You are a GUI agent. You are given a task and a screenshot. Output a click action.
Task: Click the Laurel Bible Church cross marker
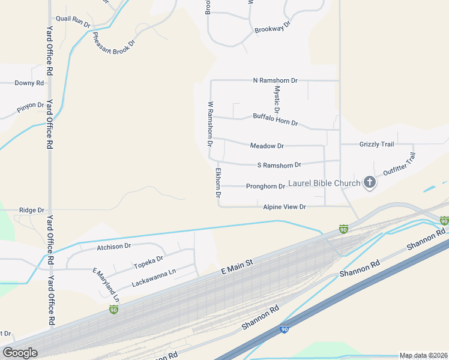coord(370,182)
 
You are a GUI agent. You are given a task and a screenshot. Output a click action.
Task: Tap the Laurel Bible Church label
coord(324,183)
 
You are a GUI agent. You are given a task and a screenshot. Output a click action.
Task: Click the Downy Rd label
coord(29,83)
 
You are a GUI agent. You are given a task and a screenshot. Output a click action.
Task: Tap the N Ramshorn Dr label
coord(276,80)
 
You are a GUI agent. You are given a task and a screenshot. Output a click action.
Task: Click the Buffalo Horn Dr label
coord(276,119)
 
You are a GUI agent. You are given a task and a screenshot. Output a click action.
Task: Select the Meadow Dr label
coord(267,146)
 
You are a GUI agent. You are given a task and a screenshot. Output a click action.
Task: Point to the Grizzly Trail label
coord(376,144)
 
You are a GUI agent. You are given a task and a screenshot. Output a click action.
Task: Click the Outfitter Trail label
coord(399,164)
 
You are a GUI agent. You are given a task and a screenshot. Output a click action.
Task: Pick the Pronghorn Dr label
coord(265,186)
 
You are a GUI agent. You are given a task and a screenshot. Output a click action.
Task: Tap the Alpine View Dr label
coord(285,206)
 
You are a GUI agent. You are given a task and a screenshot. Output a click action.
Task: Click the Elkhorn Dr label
coord(218,182)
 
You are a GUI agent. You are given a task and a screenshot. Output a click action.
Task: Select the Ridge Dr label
coord(32,210)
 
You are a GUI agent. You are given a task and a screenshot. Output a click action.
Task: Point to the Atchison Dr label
coord(114,246)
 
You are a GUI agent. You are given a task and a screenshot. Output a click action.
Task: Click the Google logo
coord(20,353)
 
